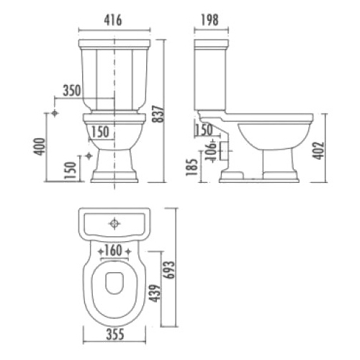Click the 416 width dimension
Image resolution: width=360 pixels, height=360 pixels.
click(x=113, y=20)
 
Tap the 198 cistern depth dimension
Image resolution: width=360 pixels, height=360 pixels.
click(x=210, y=20)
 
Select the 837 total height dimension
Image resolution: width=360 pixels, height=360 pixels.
click(x=158, y=114)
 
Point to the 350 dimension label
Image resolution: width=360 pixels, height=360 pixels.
click(x=72, y=91)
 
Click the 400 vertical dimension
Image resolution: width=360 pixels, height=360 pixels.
click(x=39, y=147)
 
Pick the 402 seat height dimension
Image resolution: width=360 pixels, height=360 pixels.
click(x=318, y=150)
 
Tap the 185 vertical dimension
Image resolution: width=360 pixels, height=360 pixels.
click(x=192, y=167)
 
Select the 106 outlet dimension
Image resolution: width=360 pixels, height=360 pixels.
click(x=211, y=151)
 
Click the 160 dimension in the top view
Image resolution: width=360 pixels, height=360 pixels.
click(x=113, y=250)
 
